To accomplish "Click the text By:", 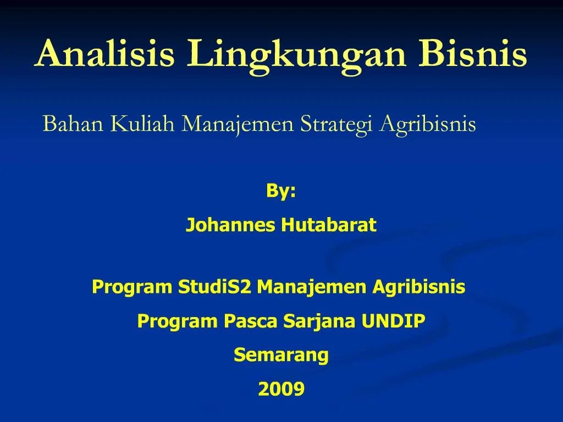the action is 281,191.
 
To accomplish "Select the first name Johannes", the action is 230,225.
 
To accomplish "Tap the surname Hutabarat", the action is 329,225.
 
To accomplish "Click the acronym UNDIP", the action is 393,321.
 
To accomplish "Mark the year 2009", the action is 281,389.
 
